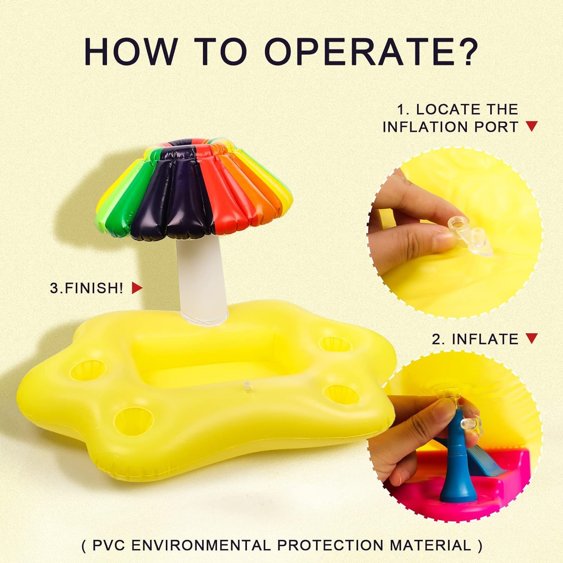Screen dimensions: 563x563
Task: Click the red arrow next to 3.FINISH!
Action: (137, 288)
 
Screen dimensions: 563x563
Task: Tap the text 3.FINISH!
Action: (87, 288)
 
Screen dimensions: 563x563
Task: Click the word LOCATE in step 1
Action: (443, 109)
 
